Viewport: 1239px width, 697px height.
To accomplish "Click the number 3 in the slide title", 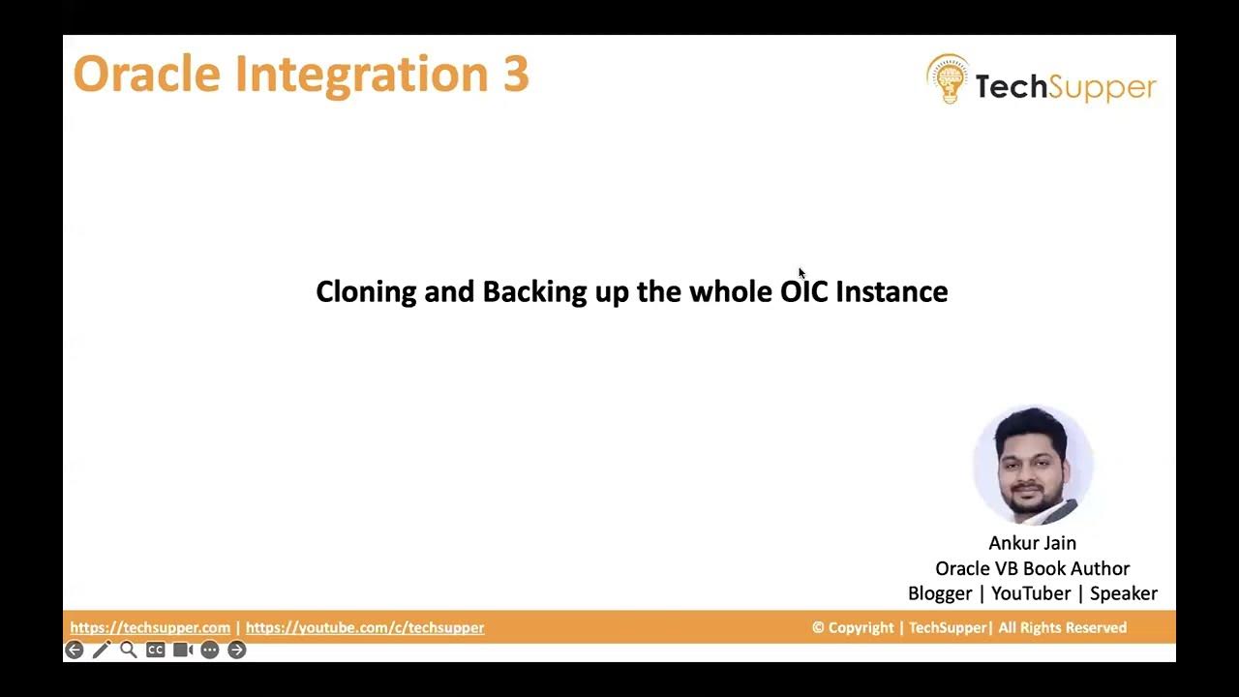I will [515, 75].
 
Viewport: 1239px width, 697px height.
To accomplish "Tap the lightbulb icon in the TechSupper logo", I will [948, 79].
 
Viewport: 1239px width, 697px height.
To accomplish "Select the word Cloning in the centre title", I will [366, 291].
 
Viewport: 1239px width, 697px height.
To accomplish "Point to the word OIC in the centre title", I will [804, 291].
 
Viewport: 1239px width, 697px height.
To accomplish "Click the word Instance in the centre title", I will [891, 291].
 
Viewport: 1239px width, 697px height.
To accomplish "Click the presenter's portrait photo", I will [1033, 466].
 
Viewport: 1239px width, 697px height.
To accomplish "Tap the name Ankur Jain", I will [1032, 543].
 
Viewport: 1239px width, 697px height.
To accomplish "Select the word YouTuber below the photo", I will [1030, 593].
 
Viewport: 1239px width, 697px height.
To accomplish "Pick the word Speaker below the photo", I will [1123, 593].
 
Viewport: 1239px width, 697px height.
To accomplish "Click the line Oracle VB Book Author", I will [1032, 568].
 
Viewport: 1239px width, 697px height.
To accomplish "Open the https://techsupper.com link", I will [150, 627].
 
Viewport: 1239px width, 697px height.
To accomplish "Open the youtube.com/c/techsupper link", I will [365, 627].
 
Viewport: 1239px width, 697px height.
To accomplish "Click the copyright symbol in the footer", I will [818, 627].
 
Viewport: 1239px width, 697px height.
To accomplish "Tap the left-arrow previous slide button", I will [75, 650].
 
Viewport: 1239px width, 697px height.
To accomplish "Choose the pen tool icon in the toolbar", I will [102, 650].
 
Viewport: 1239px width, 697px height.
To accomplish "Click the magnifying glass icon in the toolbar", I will [129, 650].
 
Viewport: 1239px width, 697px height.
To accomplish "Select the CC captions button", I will [155, 650].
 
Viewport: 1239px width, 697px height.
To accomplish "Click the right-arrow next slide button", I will [237, 650].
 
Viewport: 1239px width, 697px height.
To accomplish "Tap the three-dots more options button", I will [210, 650].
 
